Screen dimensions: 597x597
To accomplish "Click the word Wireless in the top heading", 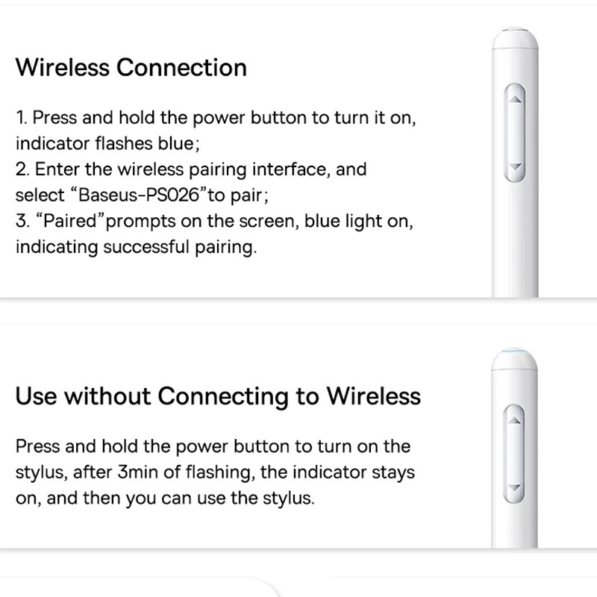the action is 63,67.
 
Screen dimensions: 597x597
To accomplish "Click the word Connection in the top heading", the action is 181,67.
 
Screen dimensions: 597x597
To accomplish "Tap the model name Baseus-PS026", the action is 139,195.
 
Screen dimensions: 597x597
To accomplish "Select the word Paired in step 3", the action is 70,221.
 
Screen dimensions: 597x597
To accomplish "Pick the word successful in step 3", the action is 146,247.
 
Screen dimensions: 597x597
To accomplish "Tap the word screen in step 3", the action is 269,221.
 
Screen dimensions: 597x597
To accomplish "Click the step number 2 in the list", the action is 22,169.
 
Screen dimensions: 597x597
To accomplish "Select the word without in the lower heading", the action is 107,396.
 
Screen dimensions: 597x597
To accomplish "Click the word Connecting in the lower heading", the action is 223,397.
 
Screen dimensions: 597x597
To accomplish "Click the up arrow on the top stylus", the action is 515,99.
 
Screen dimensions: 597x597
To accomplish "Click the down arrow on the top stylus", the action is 515,166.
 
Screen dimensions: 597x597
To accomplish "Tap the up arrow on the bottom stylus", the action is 514,420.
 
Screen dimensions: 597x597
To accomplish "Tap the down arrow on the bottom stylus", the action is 514,487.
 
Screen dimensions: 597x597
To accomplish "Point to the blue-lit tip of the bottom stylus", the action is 514,351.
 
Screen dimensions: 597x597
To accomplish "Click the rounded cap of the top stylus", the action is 515,38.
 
